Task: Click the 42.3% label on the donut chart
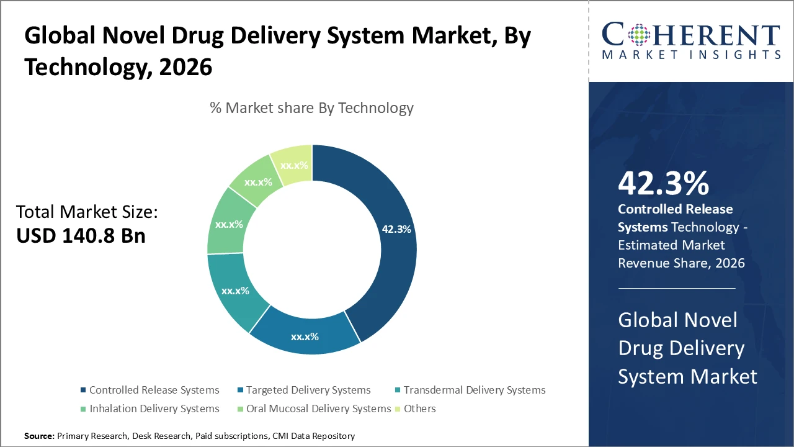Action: (x=396, y=229)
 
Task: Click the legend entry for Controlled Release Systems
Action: (x=154, y=390)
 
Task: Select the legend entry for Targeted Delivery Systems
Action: (x=308, y=390)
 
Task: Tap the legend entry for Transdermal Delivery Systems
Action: (x=474, y=390)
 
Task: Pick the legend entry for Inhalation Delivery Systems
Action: (x=154, y=409)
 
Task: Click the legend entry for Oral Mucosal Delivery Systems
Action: (x=318, y=409)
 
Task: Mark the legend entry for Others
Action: (x=419, y=409)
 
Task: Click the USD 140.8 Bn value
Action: (x=81, y=236)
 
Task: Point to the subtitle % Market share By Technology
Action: (x=311, y=108)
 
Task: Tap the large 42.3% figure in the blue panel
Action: (x=663, y=184)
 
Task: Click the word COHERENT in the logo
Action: (x=690, y=35)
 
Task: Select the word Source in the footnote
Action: (x=39, y=436)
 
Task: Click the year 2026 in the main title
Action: (x=185, y=66)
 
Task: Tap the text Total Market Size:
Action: (x=87, y=212)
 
